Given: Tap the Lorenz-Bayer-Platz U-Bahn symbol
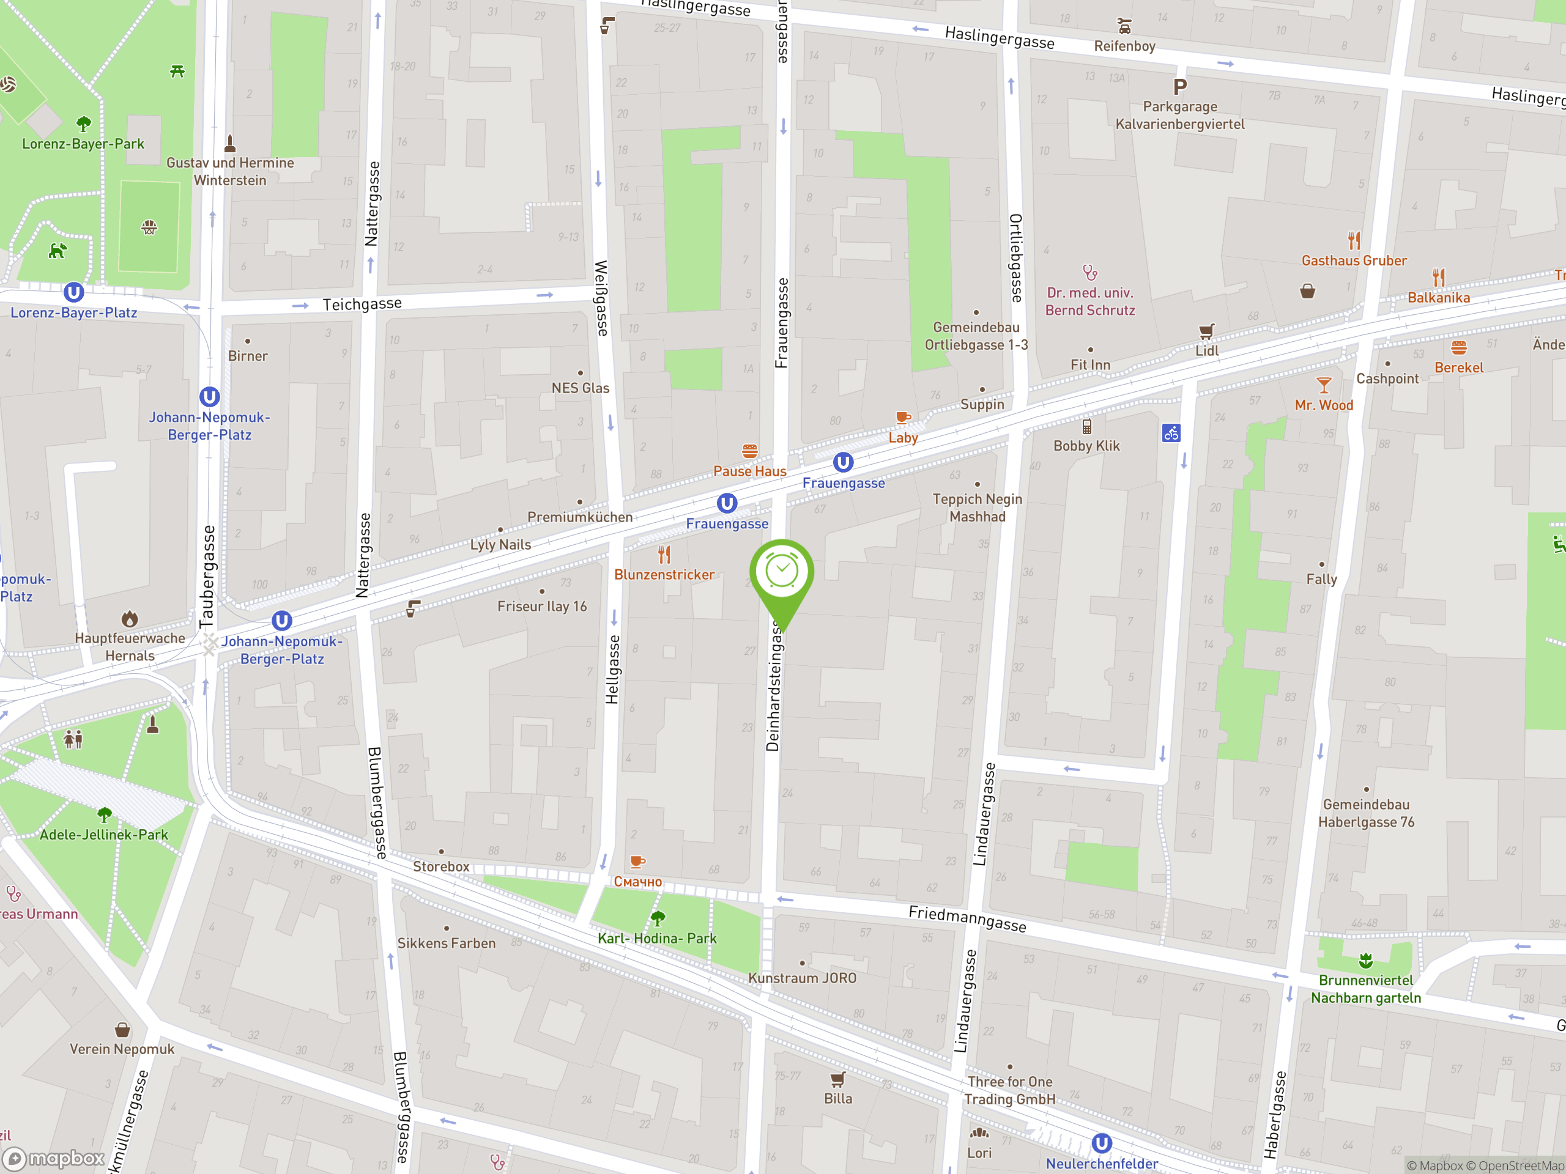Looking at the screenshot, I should pyautogui.click(x=73, y=292).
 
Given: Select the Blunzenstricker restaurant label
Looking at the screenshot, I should pyautogui.click(x=664, y=575).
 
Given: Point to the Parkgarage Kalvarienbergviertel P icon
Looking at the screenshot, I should pyautogui.click(x=1179, y=87).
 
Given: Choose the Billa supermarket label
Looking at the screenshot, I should pyautogui.click(x=837, y=1098).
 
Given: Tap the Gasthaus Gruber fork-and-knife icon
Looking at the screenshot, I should pyautogui.click(x=1354, y=240).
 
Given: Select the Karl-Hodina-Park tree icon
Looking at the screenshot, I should pyautogui.click(x=658, y=918).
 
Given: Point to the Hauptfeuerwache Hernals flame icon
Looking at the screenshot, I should pyautogui.click(x=130, y=619).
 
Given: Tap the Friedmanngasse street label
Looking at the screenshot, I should pyautogui.click(x=967, y=918).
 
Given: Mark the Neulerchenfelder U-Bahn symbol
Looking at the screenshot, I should pyautogui.click(x=1102, y=1143).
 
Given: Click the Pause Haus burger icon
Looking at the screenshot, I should pyautogui.click(x=750, y=451).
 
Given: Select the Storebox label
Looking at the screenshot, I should pyautogui.click(x=441, y=866).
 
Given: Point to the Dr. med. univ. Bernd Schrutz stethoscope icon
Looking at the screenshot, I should pyautogui.click(x=1089, y=273).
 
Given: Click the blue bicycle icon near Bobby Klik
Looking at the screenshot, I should pyautogui.click(x=1171, y=433).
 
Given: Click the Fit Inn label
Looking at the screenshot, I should pyautogui.click(x=1090, y=364).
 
